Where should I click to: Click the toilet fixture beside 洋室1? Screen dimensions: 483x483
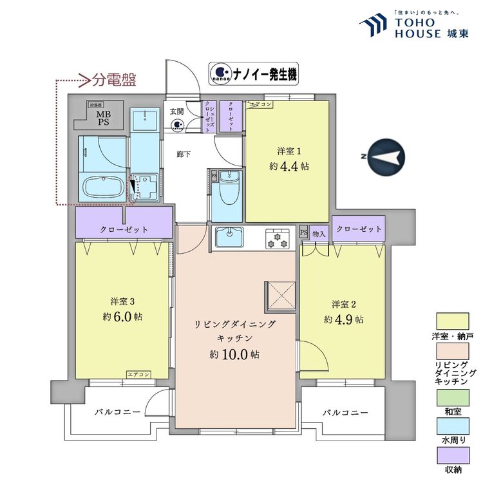pos(227,187)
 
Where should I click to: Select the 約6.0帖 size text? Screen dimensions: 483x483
pos(122,317)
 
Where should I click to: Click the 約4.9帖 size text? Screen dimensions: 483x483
pos(343,319)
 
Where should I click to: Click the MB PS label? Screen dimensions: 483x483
pos(104,118)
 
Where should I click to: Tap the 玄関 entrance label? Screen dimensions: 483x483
pos(176,111)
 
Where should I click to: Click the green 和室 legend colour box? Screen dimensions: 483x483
pos(453,401)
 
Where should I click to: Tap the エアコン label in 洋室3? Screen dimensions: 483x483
pos(138,375)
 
